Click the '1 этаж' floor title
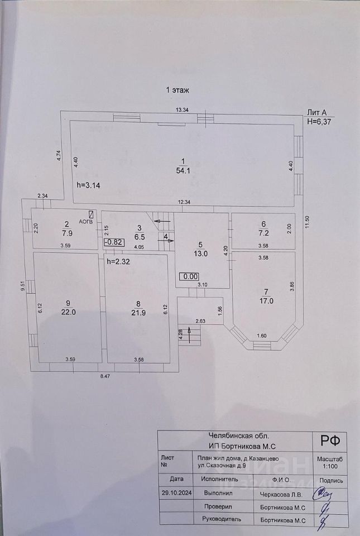point(180,89)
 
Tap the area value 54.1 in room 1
point(184,171)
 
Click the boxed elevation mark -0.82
point(113,242)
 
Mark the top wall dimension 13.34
point(182,110)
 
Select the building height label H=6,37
point(320,121)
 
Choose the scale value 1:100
point(330,465)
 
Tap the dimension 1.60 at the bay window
point(261,336)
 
